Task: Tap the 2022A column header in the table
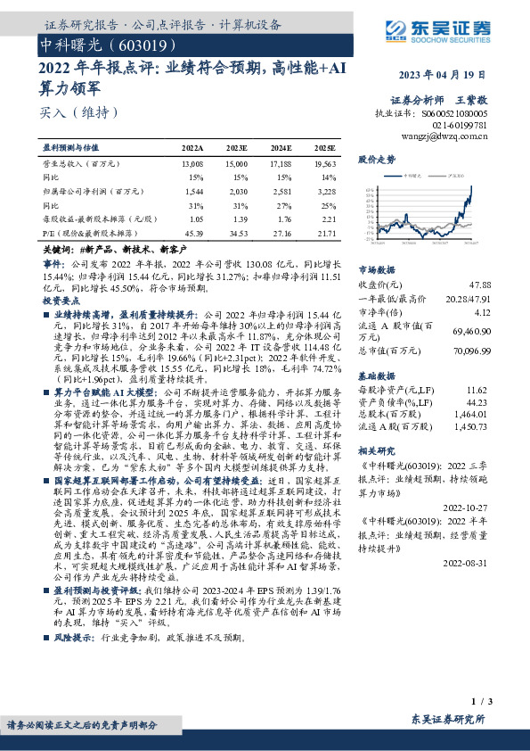click(192, 147)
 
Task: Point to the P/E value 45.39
click(192, 232)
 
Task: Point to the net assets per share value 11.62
click(477, 366)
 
